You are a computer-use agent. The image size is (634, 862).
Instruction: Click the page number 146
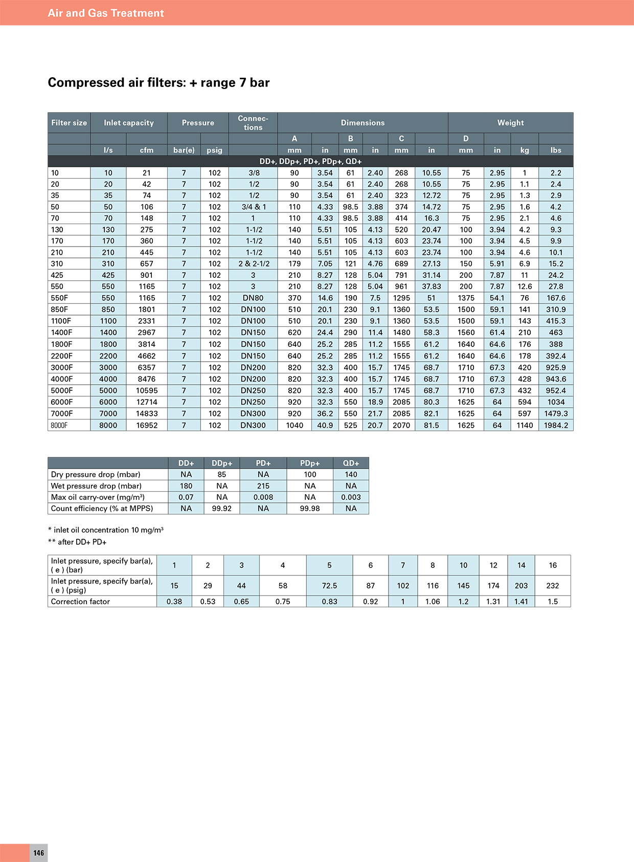coord(39,853)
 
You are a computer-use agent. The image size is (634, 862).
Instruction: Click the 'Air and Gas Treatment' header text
coord(106,13)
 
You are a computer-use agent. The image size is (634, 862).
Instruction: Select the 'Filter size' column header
coord(69,123)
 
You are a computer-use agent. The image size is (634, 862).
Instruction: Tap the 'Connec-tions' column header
coord(253,123)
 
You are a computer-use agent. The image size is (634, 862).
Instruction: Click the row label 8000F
coord(59,425)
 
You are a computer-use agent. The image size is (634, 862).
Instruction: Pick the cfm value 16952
coord(147,425)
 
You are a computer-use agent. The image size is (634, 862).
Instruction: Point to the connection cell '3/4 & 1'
coord(254,207)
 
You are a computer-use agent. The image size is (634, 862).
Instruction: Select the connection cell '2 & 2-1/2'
coord(254,263)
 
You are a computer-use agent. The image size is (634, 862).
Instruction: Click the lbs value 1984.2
coord(556,425)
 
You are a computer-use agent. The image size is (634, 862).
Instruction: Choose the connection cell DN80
coord(253,298)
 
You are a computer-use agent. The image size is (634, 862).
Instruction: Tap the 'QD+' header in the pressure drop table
coord(351,463)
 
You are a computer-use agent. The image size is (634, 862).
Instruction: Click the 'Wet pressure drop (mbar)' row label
coord(96,486)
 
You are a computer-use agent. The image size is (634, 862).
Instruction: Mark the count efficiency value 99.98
coord(310,509)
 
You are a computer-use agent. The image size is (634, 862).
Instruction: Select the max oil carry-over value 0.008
coord(263,497)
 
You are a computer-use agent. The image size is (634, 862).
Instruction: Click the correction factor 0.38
coord(174,602)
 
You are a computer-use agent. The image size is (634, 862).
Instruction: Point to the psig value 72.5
coord(329,586)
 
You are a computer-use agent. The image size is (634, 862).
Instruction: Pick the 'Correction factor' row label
coord(80,602)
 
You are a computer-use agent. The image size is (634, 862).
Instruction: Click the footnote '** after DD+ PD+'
coord(77,542)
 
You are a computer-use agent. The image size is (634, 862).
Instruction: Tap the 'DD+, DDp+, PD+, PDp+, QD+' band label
coord(310,162)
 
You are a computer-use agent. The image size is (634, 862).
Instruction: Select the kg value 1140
coord(525,425)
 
